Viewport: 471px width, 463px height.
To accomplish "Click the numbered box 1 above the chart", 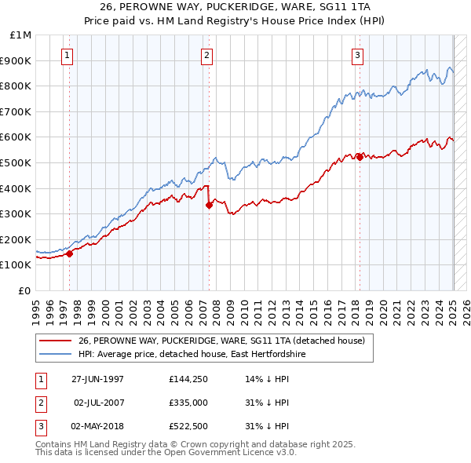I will pyautogui.click(x=68, y=56).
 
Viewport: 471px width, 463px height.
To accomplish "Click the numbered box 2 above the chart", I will pyautogui.click(x=206, y=56).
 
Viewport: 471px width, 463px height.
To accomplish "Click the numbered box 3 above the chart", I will pyautogui.click(x=357, y=56).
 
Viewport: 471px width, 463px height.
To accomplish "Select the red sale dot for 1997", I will pyautogui.click(x=69, y=253).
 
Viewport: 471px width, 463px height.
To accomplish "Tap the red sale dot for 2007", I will pyautogui.click(x=209, y=205).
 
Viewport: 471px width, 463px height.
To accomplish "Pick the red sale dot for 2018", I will pyautogui.click(x=360, y=157).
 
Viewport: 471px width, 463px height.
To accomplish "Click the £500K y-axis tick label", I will pyautogui.click(x=16, y=163).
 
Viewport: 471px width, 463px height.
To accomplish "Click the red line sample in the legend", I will pyautogui.click(x=55, y=341).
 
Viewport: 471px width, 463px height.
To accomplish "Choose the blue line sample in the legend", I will pyautogui.click(x=55, y=355).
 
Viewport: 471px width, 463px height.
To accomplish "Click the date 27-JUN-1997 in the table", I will pyautogui.click(x=97, y=379).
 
